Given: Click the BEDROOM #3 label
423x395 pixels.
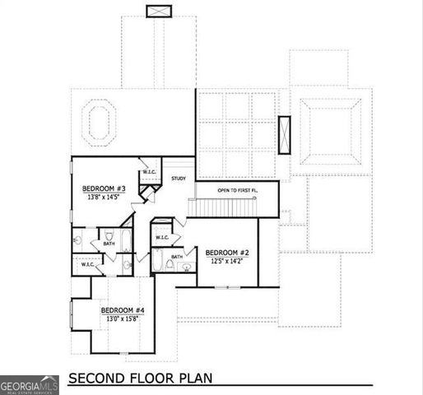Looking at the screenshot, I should [102, 188].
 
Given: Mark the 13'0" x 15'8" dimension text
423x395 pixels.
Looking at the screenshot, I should [124, 318].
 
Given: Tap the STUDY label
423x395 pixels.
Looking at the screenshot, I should [179, 179].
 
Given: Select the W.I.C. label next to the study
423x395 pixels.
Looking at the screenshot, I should [151, 172].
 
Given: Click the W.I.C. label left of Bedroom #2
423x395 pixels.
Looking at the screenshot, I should [161, 238].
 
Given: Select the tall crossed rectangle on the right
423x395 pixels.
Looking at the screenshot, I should [285, 136].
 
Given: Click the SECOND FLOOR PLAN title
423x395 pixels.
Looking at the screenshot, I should [140, 379].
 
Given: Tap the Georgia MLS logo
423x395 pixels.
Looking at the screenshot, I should [30, 385].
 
